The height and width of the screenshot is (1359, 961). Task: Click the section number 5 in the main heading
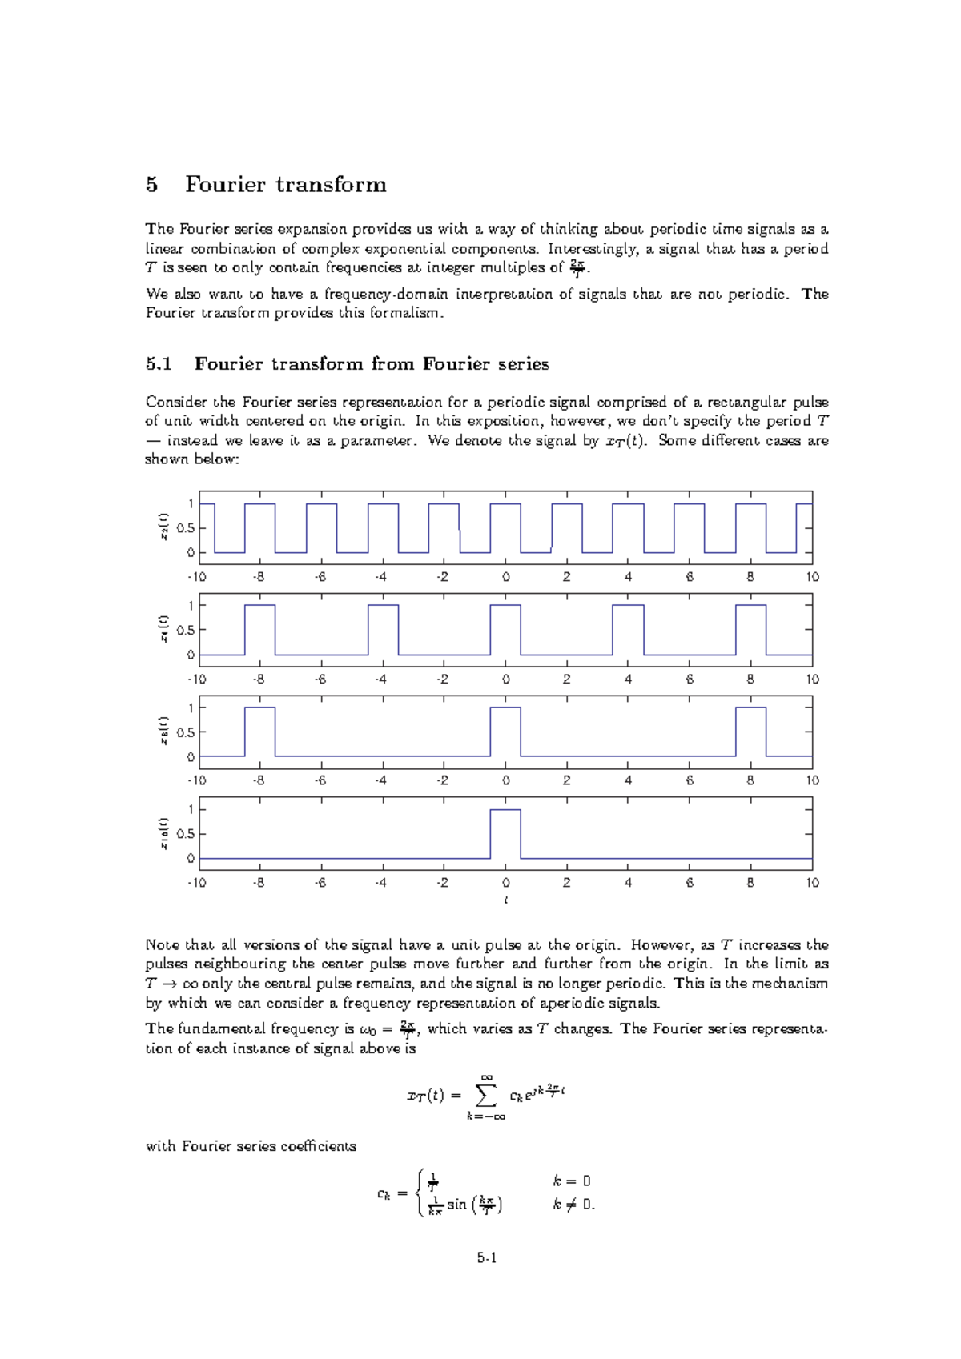(x=152, y=185)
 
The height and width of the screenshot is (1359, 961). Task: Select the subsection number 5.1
(x=159, y=364)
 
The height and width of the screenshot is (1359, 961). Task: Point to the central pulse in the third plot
(x=505, y=731)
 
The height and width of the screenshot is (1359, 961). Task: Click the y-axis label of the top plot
(x=163, y=527)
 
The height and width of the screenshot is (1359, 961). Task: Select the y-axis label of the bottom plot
(x=163, y=833)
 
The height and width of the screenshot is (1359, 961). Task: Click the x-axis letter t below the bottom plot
(x=505, y=900)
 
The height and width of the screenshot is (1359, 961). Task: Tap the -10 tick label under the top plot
(x=197, y=577)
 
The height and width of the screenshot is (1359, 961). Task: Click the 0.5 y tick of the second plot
(x=186, y=630)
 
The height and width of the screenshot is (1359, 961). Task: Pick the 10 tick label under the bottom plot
(x=812, y=883)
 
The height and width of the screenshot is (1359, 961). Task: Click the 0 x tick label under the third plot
(x=505, y=780)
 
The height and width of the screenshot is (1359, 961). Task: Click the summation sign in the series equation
(x=485, y=1095)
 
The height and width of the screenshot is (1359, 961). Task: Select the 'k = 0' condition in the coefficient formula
(x=572, y=1181)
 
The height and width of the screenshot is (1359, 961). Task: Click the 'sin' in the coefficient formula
(x=456, y=1205)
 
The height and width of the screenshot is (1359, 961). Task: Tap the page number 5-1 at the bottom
(x=487, y=1258)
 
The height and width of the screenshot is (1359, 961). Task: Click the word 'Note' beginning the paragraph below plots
(x=162, y=945)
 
